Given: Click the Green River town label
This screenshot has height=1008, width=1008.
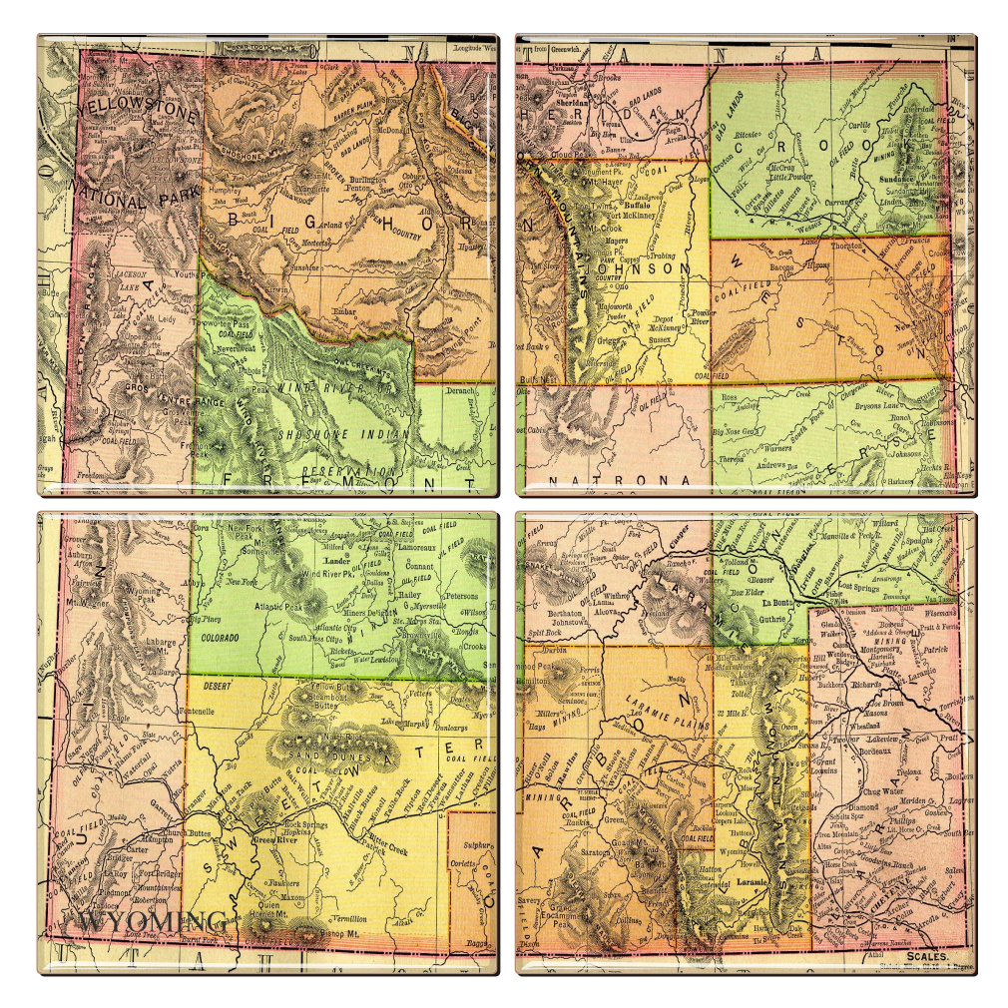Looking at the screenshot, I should pyautogui.click(x=268, y=840).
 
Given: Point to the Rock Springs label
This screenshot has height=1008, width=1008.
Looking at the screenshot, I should pyautogui.click(x=305, y=825).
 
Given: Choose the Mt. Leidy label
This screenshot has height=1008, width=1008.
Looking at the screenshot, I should pyautogui.click(x=159, y=319).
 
